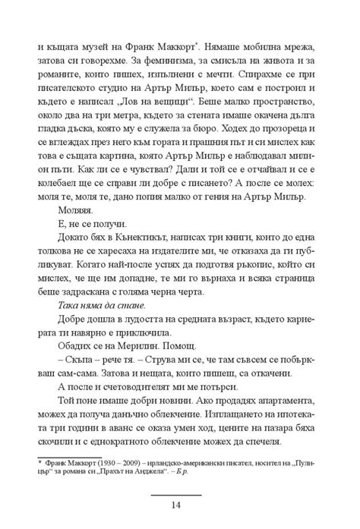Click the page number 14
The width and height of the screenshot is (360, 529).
pos(179,505)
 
